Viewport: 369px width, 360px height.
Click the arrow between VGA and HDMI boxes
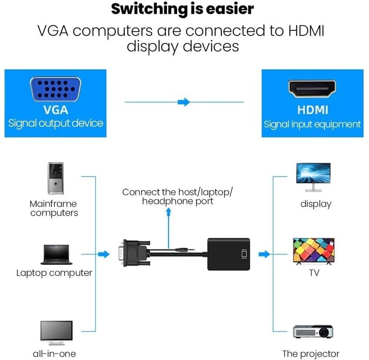point(184,102)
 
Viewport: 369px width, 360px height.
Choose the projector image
point(314,332)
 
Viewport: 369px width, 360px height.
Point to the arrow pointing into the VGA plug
point(105,254)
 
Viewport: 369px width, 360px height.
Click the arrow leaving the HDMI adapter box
point(264,254)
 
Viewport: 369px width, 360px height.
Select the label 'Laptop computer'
point(54,273)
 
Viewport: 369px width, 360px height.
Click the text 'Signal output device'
point(55,124)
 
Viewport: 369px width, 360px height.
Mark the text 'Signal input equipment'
point(312,124)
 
